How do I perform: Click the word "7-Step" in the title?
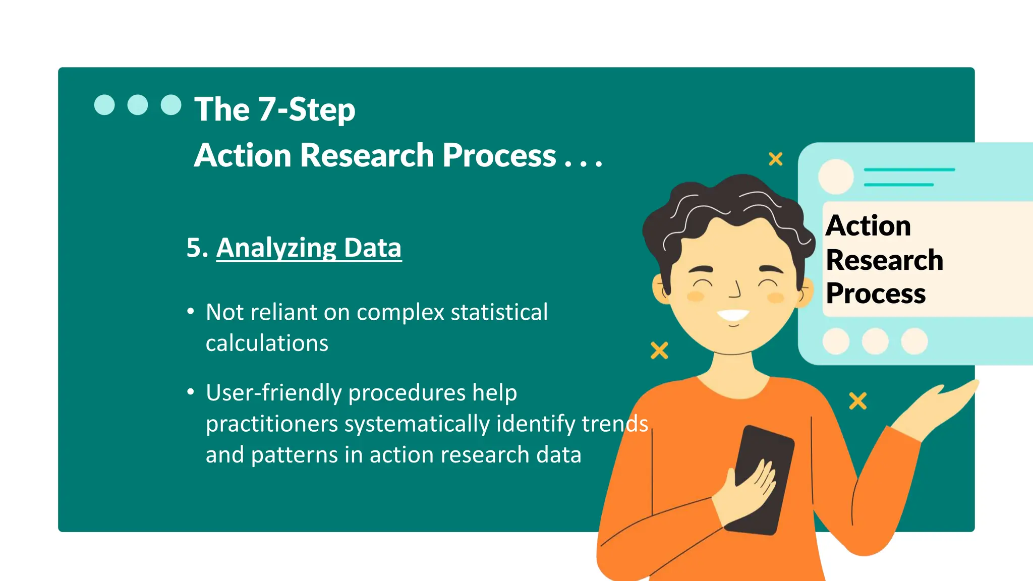[x=307, y=109]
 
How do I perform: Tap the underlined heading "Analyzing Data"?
[x=309, y=248]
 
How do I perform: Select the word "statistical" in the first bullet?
[x=499, y=312]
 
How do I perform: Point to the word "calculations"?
[x=267, y=343]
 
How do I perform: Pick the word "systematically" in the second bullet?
[x=417, y=424]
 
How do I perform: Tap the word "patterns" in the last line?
[x=294, y=455]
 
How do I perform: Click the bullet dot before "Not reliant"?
[x=190, y=311]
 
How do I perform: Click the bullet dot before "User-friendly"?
[x=190, y=392]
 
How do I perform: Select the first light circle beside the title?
[x=104, y=105]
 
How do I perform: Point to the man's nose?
[x=735, y=290]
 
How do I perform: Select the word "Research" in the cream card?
[x=884, y=260]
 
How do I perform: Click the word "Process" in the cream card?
[x=876, y=294]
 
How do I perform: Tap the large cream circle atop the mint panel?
[x=836, y=177]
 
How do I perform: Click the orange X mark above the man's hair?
[x=775, y=159]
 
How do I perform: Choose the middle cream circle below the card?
[x=875, y=341]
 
